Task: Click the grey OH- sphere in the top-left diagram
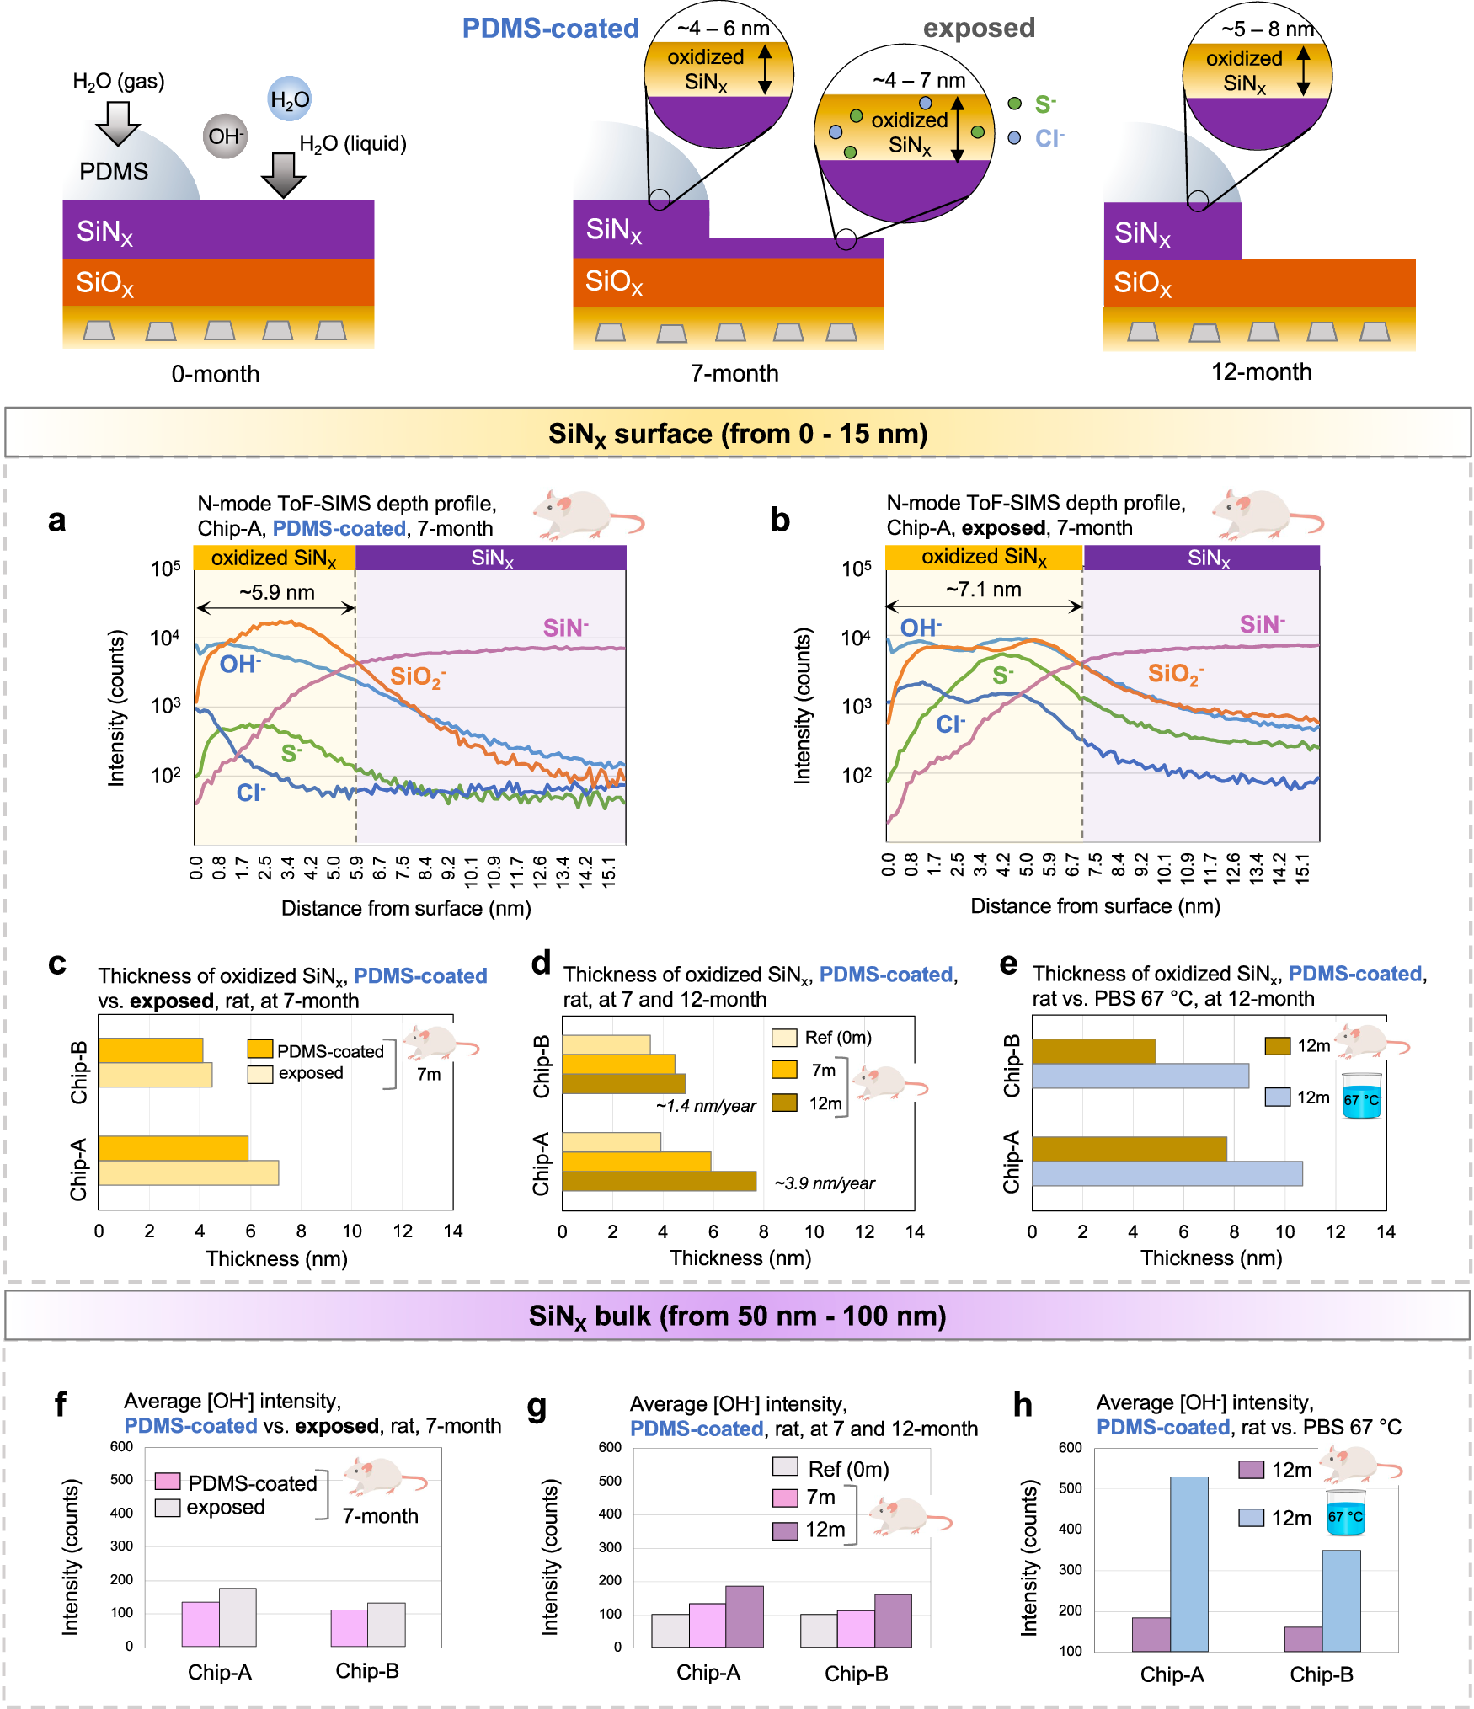coord(225,136)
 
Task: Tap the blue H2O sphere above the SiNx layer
coord(289,99)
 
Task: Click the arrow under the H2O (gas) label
coord(118,123)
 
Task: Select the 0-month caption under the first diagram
coord(215,374)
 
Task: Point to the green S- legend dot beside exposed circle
coord(1015,104)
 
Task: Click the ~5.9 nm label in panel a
coord(276,592)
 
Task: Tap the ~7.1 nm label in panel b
coord(983,590)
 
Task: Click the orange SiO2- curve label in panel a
coord(417,676)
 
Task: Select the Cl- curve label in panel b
coord(950,724)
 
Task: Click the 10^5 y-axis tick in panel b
coord(856,569)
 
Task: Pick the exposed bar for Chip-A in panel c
coord(189,1172)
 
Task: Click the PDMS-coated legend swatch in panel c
coord(259,1049)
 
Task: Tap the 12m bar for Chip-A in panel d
coord(659,1181)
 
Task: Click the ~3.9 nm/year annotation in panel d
coord(825,1183)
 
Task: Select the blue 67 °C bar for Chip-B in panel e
coord(1140,1076)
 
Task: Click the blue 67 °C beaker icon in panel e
coord(1361,1096)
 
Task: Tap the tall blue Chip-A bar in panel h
coord(1188,1563)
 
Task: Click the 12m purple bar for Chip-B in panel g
coord(893,1621)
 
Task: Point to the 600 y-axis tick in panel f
coord(121,1447)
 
